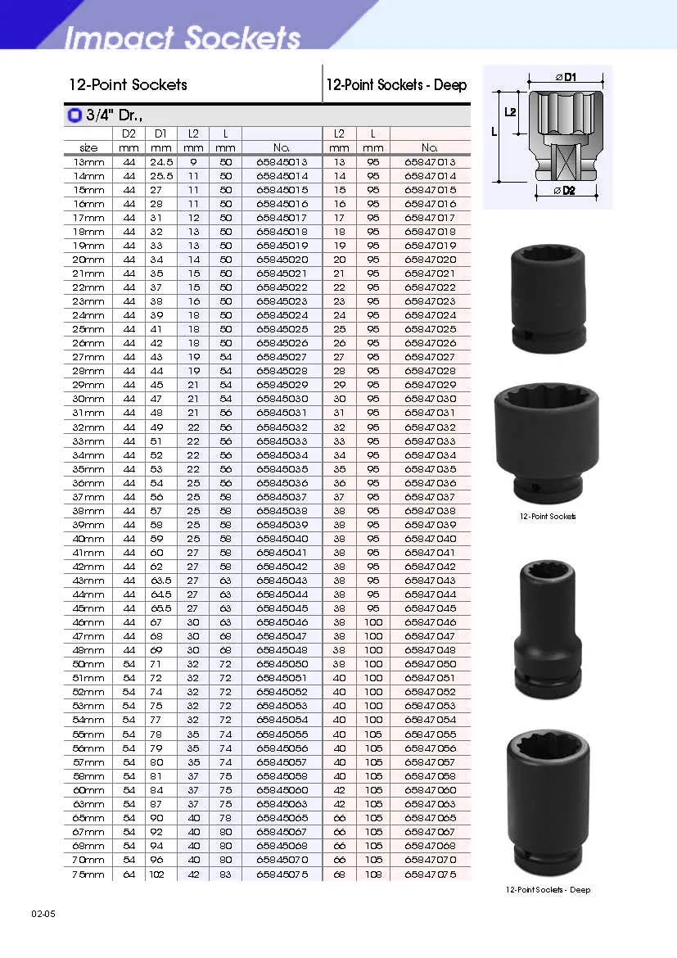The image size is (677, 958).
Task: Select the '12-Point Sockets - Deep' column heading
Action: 396,85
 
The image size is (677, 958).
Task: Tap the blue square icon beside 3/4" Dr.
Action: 74,115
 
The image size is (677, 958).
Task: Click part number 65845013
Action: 282,162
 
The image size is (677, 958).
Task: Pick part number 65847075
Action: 430,874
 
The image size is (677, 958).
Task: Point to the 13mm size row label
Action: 88,162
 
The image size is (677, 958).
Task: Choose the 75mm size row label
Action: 88,874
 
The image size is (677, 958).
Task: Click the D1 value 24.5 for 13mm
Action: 161,162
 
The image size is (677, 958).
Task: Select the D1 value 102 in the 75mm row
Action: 157,874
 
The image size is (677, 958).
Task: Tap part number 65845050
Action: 282,664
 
